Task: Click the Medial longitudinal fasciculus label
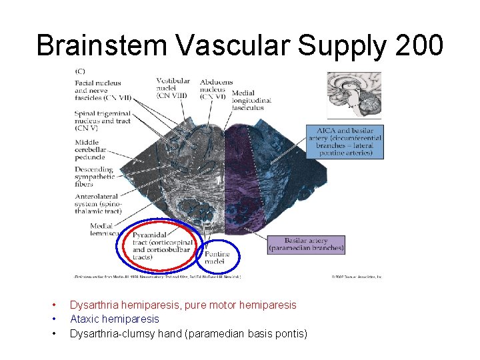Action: (251, 101)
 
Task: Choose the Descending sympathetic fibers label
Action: (94, 177)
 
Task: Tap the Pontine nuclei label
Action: (217, 258)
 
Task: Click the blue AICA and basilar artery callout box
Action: (345, 141)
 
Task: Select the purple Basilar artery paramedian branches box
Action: (306, 245)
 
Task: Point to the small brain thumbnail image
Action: (353, 95)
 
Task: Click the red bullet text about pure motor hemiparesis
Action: (183, 305)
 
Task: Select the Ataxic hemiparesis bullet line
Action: (114, 319)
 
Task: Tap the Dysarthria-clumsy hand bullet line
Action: (188, 333)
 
